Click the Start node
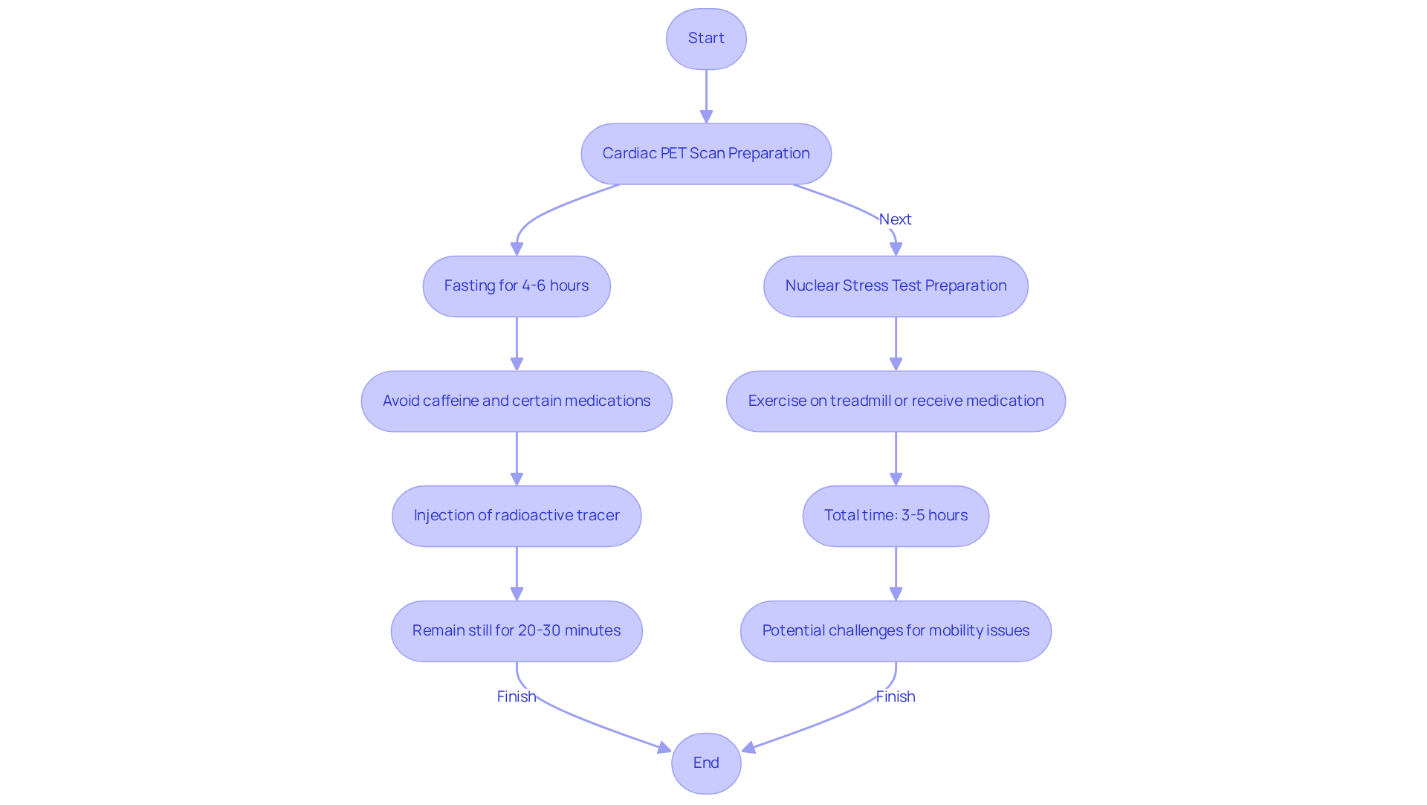point(706,39)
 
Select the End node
point(706,763)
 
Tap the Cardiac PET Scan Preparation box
point(706,154)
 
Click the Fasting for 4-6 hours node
point(517,286)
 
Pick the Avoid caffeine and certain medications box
point(517,401)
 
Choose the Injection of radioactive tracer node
point(517,516)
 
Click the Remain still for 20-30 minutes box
point(517,631)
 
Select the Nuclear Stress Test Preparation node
point(896,286)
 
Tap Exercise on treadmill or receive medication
point(896,401)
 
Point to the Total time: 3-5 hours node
point(896,516)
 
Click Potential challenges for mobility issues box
point(896,631)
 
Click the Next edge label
point(895,219)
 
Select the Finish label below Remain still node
point(517,696)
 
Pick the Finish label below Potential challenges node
point(896,696)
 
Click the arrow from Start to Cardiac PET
point(706,97)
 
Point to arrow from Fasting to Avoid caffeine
point(517,343)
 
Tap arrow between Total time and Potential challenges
point(896,573)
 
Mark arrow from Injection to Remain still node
point(517,573)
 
